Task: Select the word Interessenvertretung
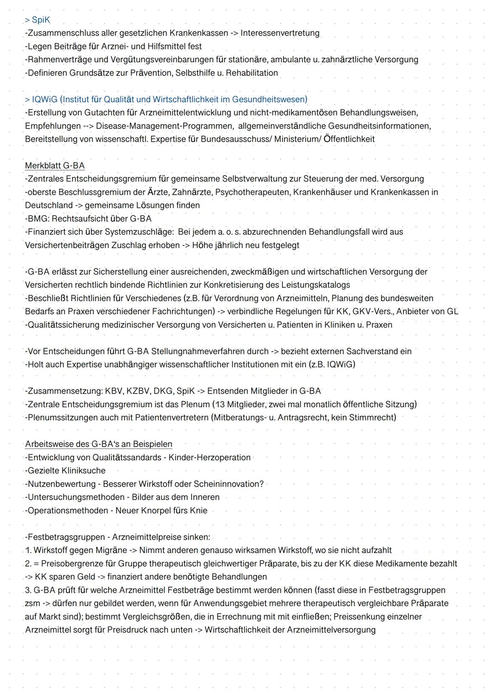[280, 33]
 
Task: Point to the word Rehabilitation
[252, 73]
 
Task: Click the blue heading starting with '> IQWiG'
[166, 100]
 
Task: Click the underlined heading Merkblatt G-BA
[55, 165]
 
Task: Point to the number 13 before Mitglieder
[220, 404]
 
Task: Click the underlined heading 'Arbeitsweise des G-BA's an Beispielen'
[99, 444]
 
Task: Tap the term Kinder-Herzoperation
[210, 458]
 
